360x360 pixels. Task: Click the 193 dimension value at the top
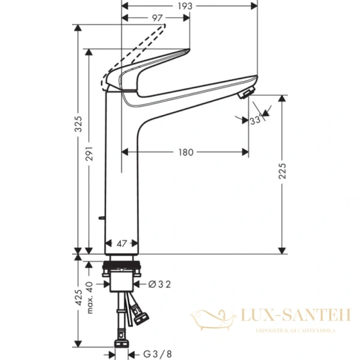point(185,6)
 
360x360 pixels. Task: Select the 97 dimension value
point(158,19)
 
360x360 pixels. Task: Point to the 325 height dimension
point(78,125)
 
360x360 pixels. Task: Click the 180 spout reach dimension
point(186,152)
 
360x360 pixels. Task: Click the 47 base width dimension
point(122,244)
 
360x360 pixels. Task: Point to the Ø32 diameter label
point(158,284)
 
